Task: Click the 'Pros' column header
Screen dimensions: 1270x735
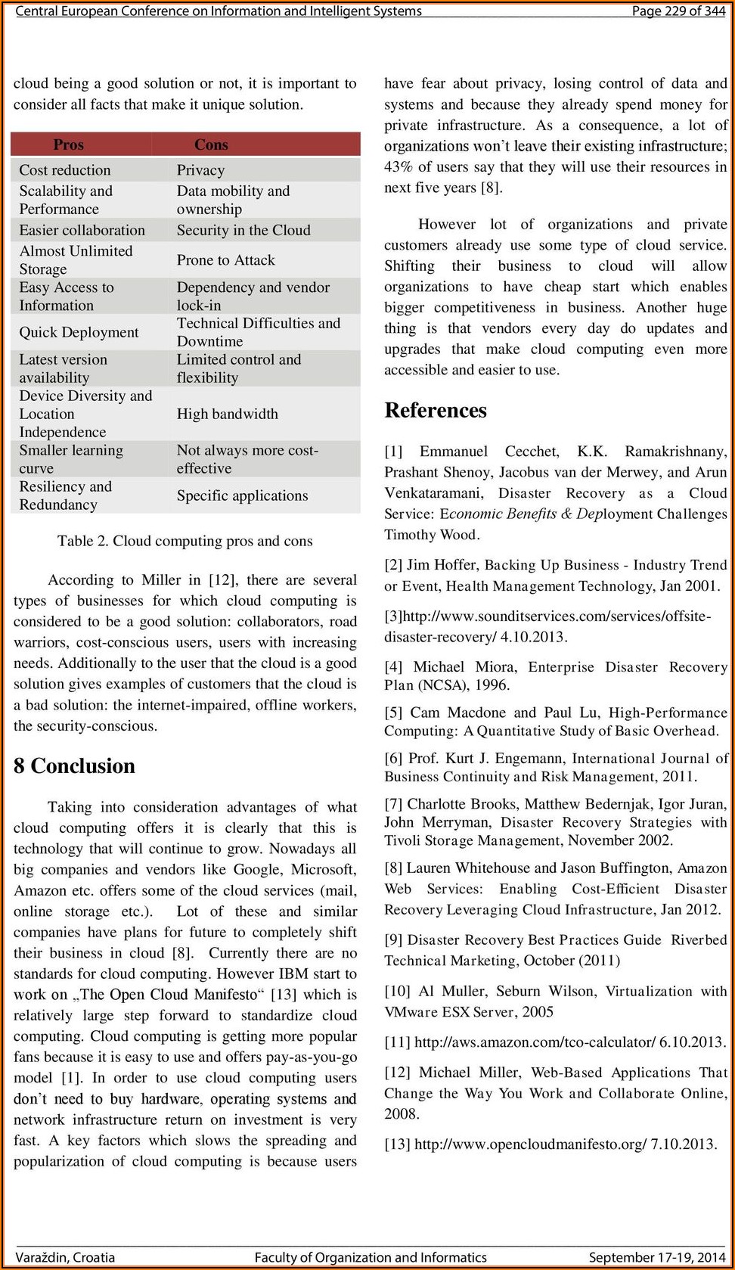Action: (68, 144)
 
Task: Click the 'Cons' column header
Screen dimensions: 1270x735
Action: (211, 144)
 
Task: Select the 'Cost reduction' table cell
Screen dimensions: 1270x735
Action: (65, 170)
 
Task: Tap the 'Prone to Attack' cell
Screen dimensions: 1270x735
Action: (226, 260)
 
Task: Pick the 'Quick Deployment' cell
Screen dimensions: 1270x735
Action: (79, 332)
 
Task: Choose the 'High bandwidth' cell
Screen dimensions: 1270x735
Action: (228, 414)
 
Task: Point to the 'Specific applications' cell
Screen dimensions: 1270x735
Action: (243, 495)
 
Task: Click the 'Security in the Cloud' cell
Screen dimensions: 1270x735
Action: (243, 230)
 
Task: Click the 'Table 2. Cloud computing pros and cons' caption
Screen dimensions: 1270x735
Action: (185, 541)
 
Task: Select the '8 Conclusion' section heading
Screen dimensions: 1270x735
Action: (74, 766)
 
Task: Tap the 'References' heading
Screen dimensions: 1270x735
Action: (436, 411)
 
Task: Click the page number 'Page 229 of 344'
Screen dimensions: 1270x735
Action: (678, 11)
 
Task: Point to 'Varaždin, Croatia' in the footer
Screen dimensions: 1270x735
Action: (65, 1257)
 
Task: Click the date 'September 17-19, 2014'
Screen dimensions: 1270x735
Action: (657, 1257)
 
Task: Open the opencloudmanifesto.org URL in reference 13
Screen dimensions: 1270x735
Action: (530, 1144)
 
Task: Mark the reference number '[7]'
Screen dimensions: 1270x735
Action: (393, 804)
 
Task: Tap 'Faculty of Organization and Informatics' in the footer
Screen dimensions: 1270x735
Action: (371, 1257)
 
